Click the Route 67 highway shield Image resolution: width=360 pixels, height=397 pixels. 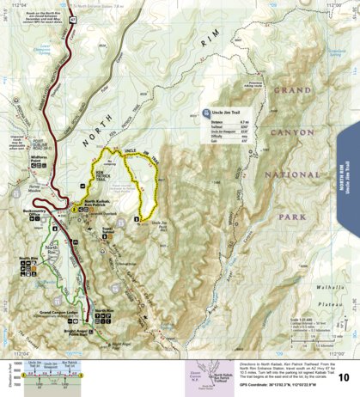[x=73, y=16]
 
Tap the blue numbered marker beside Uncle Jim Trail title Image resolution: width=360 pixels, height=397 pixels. [x=206, y=113]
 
